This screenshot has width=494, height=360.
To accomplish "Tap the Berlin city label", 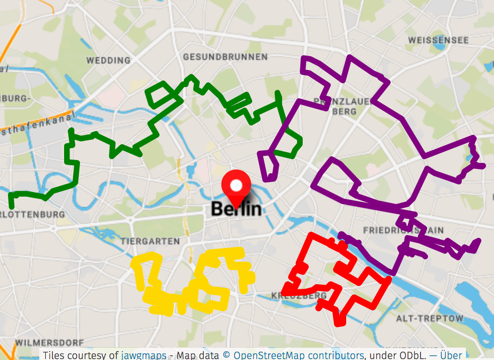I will tap(236, 209).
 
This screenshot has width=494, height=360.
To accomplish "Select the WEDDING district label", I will tap(109, 60).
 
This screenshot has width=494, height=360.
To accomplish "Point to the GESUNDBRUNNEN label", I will tap(225, 57).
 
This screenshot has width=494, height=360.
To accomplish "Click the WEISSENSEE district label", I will tap(438, 40).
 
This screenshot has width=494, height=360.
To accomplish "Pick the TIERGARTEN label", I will tap(150, 241).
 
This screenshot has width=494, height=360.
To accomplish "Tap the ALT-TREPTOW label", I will tap(430, 319).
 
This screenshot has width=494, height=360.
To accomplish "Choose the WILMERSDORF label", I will tap(50, 343).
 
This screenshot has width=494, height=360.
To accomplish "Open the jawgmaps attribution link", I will tap(144, 355).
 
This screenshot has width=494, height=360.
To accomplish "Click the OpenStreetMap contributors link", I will tap(298, 355).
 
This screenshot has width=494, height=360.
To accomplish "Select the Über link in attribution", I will tap(451, 355).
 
